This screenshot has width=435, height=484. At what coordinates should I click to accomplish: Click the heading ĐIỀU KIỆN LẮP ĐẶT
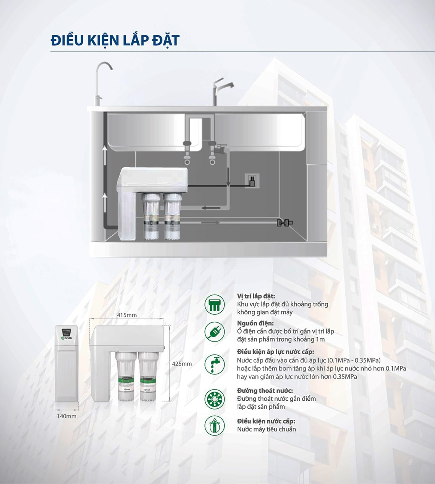(x=115, y=40)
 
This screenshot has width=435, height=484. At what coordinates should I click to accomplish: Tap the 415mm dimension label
(x=127, y=315)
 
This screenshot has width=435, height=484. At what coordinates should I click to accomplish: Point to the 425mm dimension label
(x=182, y=364)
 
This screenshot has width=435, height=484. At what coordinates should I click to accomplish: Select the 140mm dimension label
(x=66, y=416)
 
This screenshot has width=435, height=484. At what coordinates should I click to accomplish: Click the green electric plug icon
(x=214, y=332)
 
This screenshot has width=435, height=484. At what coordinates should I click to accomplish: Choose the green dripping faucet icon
(x=214, y=364)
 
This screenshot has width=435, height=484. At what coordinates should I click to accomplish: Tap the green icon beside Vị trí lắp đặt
(x=214, y=304)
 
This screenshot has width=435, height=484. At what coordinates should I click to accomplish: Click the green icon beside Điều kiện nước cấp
(x=214, y=425)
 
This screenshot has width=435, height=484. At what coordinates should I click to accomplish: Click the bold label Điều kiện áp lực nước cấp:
(x=275, y=352)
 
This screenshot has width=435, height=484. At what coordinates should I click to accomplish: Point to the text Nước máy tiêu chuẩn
(x=266, y=429)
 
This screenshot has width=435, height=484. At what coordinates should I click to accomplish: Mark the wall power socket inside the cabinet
(x=252, y=180)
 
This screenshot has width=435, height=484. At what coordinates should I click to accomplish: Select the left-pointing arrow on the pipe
(x=210, y=208)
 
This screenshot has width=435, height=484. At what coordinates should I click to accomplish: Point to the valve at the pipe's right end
(x=285, y=222)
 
